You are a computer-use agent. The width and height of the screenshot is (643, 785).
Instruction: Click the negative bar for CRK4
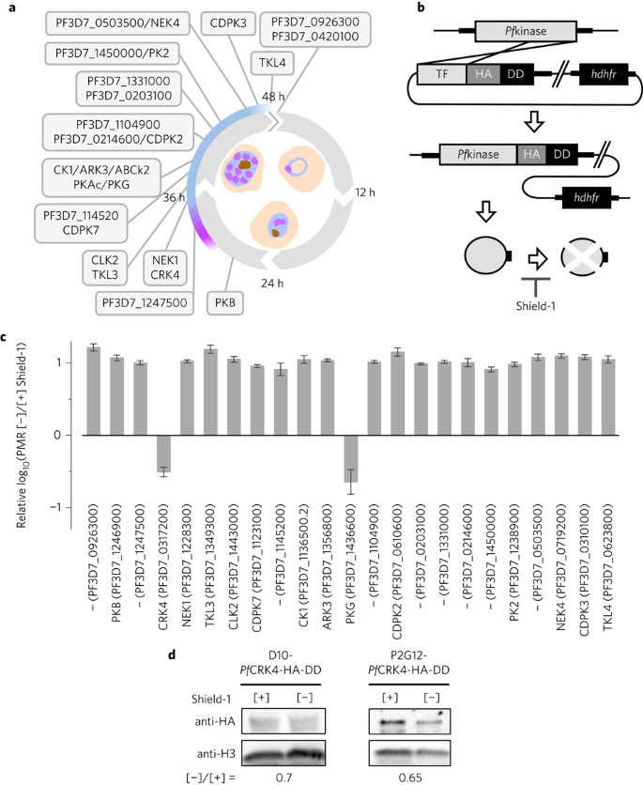164,454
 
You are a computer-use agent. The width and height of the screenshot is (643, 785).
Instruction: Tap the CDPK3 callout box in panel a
228,23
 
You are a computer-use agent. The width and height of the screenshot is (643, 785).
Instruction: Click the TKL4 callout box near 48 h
272,63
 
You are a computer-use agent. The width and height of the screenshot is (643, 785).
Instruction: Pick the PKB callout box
225,302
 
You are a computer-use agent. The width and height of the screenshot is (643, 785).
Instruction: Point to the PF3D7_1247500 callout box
145,302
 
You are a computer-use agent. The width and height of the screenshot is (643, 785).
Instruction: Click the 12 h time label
365,192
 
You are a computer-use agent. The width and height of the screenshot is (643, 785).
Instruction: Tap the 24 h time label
272,284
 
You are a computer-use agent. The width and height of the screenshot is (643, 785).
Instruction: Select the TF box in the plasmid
442,74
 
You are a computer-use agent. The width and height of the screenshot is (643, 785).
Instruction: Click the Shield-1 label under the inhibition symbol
535,305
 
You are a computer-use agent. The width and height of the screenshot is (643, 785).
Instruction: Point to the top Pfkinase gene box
526,31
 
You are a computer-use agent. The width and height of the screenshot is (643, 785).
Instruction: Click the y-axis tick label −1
58,508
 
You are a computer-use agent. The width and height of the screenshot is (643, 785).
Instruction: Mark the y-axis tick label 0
57,435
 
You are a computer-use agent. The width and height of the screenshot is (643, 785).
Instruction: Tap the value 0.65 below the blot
410,778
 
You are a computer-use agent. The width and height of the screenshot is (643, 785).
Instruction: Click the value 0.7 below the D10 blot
283,778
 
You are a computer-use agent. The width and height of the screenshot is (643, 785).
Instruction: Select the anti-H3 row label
216,753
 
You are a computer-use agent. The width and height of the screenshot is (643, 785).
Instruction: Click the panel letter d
172,654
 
